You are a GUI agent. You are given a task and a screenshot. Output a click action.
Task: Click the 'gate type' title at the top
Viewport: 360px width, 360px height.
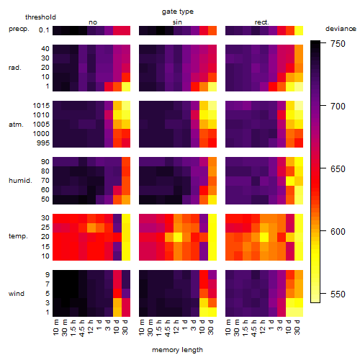click(178, 12)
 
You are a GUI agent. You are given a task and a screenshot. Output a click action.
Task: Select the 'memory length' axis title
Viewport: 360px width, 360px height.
click(177, 350)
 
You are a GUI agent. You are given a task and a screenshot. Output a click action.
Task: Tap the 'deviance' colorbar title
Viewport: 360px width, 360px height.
click(341, 29)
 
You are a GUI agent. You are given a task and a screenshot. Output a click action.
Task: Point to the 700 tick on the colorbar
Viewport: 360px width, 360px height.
click(323, 106)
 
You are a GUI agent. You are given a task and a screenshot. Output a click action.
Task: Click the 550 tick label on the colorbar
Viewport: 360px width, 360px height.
click(338, 294)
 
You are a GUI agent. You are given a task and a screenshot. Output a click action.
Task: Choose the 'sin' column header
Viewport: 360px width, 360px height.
click(177, 22)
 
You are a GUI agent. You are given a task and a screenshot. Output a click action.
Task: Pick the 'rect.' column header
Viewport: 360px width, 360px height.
click(261, 22)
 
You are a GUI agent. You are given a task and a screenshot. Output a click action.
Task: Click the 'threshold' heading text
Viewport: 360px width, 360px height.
click(40, 17)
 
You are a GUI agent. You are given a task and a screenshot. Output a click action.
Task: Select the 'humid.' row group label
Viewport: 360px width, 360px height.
click(20, 181)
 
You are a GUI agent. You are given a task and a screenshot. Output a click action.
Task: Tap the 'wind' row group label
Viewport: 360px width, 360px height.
click(17, 294)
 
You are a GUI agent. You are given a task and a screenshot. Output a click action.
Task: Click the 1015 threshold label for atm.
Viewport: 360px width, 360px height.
click(41, 106)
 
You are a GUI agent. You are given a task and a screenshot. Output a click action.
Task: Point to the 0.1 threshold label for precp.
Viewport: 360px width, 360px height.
click(44, 30)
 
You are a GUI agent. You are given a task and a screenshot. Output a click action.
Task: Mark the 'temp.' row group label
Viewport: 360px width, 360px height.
click(18, 236)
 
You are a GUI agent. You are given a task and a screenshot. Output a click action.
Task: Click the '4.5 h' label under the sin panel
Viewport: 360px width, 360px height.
click(168, 328)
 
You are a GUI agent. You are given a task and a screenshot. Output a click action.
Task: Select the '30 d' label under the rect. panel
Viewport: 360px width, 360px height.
click(297, 327)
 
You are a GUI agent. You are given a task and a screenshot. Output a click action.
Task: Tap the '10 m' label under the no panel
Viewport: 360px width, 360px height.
click(55, 328)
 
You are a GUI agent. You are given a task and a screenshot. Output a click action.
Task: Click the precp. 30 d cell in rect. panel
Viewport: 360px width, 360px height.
click(299, 30)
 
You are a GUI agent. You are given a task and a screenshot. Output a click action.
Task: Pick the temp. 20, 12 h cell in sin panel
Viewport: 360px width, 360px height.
click(178, 237)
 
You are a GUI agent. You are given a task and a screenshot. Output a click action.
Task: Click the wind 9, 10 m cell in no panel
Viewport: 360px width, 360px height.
click(57, 275)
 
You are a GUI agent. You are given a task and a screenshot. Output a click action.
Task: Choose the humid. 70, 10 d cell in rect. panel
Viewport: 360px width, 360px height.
click(290, 181)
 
